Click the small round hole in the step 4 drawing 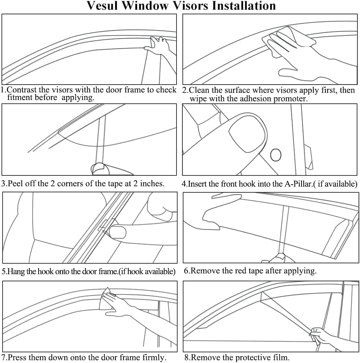(x=276, y=155)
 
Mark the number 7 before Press (x=4, y=357)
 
